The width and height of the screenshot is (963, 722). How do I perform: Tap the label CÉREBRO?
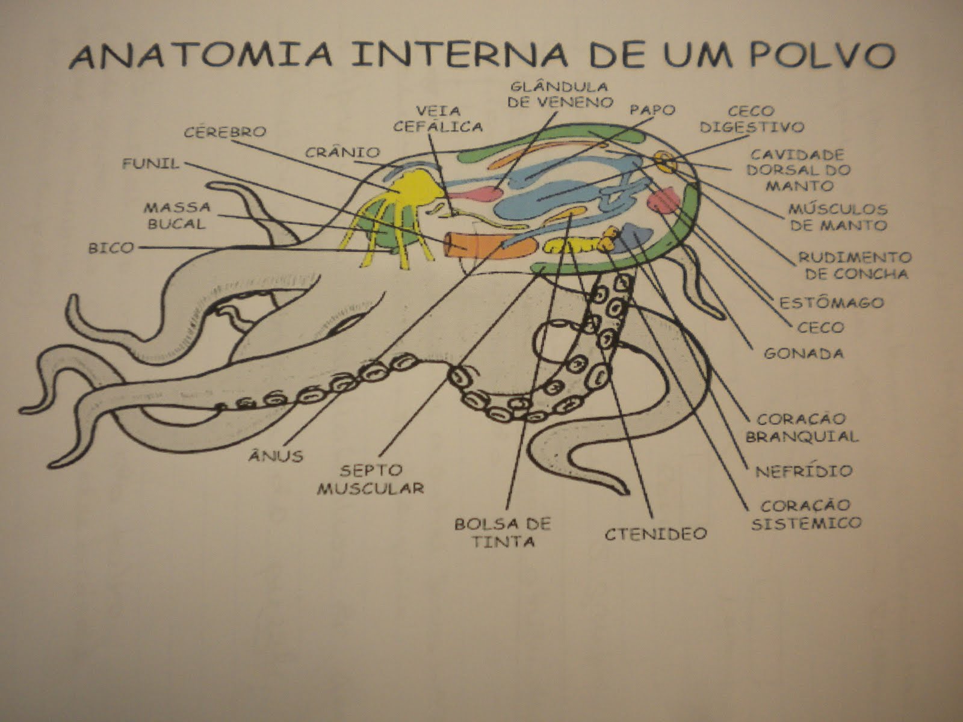[x=225, y=132]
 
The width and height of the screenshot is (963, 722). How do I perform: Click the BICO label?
[x=111, y=247]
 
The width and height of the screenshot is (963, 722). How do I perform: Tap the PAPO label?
[x=652, y=111]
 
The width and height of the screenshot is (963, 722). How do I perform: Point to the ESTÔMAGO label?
[x=831, y=302]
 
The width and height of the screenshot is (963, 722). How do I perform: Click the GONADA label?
[x=804, y=353]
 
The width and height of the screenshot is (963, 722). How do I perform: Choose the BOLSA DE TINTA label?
[x=503, y=532]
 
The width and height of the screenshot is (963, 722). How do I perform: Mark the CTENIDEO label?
[x=655, y=534]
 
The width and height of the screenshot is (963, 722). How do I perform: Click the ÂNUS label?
[x=276, y=455]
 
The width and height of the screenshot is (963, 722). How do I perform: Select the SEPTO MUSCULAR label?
[x=370, y=478]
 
